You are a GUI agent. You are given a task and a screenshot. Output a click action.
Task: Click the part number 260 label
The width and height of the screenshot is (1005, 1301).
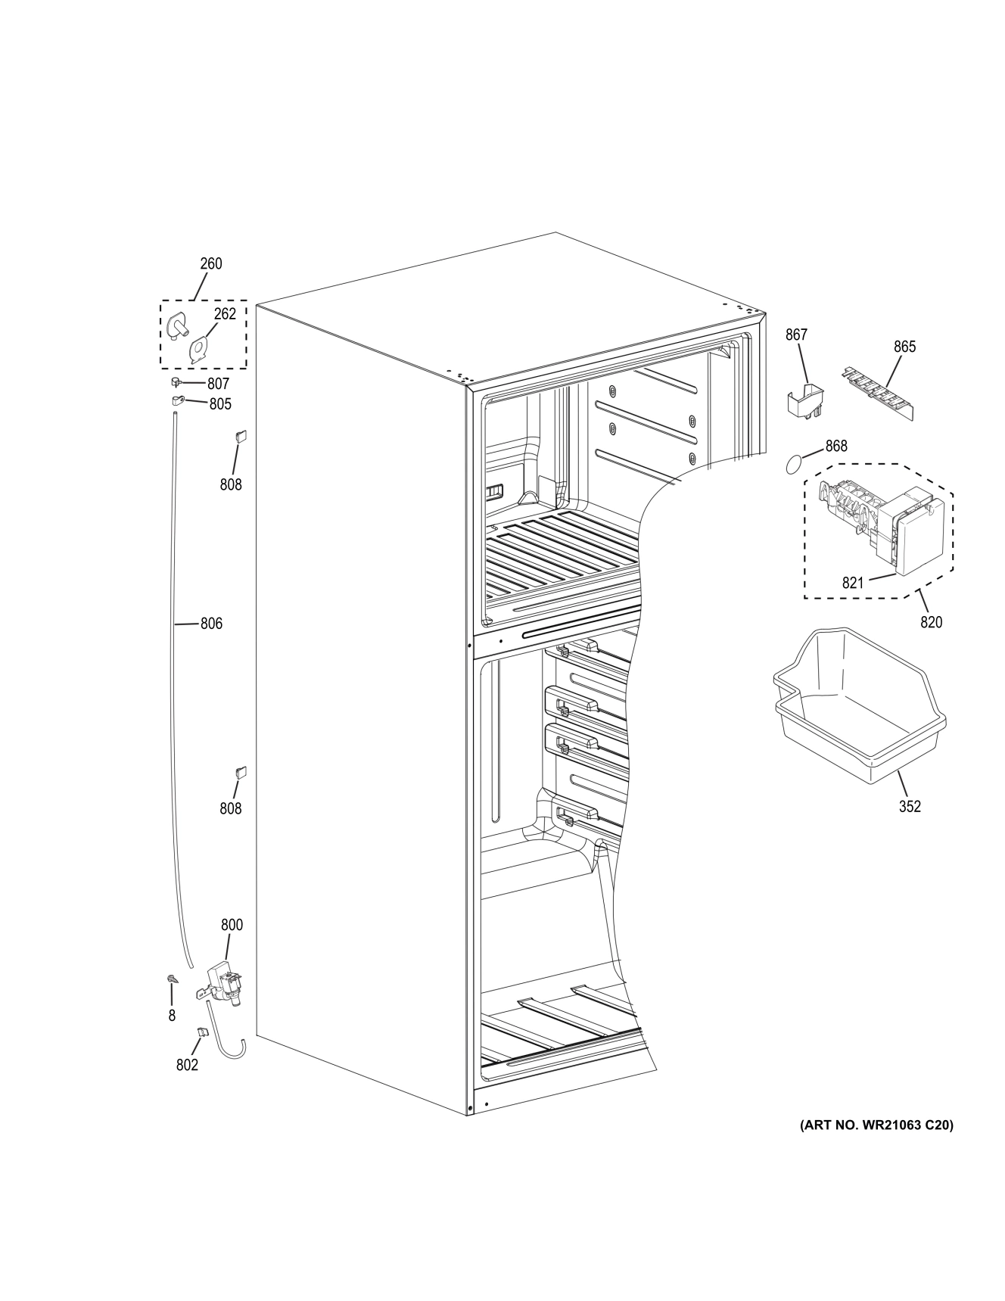coord(210,264)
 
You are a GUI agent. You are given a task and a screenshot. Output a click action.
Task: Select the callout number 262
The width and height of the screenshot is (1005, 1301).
coord(225,314)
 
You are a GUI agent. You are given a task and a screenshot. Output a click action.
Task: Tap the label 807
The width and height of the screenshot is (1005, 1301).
coord(218,384)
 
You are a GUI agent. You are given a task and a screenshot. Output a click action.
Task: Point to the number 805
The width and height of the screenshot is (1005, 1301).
coord(219,404)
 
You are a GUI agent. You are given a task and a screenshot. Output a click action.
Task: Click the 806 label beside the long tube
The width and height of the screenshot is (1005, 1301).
coord(211,624)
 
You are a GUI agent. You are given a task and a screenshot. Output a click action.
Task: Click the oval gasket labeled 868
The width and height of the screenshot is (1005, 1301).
coord(792,463)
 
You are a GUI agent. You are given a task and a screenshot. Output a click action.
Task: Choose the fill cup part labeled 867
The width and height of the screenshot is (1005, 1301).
coord(805,400)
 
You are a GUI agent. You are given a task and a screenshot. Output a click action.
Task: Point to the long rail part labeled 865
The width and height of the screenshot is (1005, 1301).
coord(878,392)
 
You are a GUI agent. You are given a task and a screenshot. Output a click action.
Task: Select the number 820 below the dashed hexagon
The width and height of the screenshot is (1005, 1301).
coord(931,622)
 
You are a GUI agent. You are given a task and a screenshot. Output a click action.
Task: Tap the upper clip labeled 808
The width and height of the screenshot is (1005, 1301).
coord(241,436)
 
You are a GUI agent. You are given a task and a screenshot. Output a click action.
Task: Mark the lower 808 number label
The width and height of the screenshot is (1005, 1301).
coord(231,808)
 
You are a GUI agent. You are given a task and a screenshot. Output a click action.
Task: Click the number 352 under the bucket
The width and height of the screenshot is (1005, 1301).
coord(910,807)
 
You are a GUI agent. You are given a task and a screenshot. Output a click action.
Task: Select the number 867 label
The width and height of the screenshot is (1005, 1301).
coord(796,335)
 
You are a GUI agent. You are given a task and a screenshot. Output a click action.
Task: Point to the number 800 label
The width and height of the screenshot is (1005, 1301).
coord(232,925)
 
